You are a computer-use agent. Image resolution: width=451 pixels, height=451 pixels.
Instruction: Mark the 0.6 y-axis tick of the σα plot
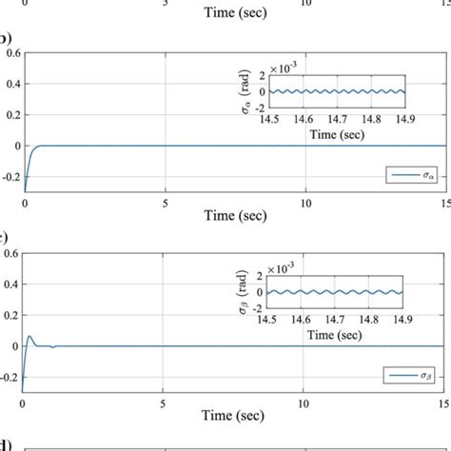(x=10, y=53)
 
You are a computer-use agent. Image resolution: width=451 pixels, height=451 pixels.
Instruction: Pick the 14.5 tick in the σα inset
(x=269, y=122)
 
